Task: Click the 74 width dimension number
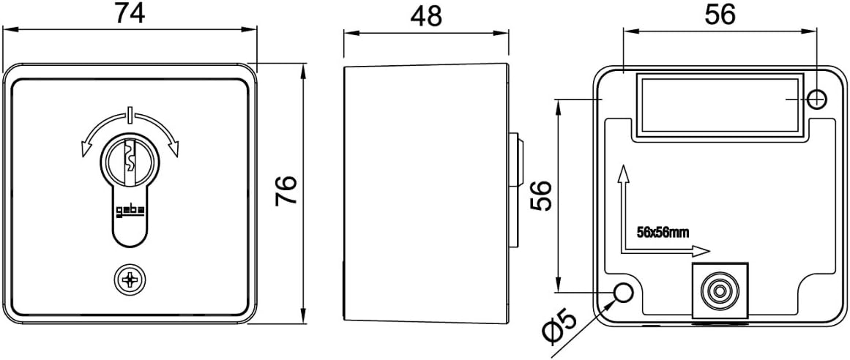point(130,14)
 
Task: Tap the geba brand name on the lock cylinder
point(130,212)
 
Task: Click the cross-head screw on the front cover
point(130,279)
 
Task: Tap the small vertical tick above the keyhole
point(130,115)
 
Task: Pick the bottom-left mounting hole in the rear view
point(623,293)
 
